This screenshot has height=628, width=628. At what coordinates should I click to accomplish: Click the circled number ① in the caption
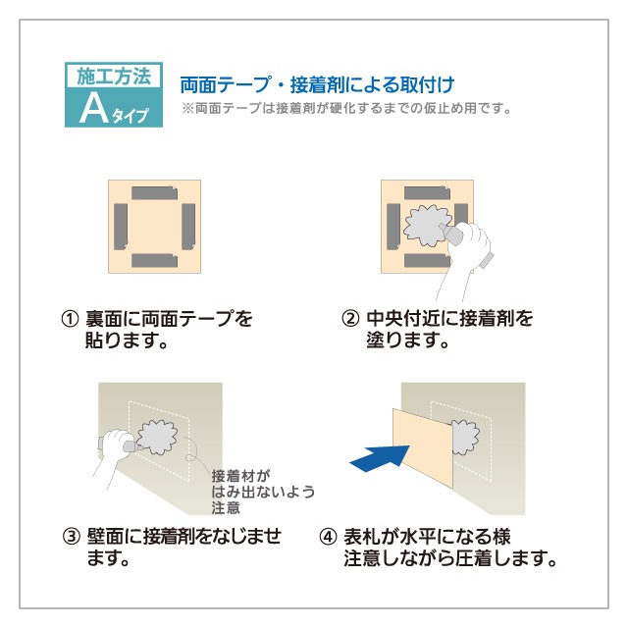(x=69, y=319)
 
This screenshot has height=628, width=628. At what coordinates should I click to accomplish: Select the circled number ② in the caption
(x=348, y=319)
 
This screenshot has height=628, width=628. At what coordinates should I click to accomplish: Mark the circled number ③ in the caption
(x=69, y=537)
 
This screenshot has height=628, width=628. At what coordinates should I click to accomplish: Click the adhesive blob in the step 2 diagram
(x=424, y=225)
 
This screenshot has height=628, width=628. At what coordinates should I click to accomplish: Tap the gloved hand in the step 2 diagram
(x=469, y=250)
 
